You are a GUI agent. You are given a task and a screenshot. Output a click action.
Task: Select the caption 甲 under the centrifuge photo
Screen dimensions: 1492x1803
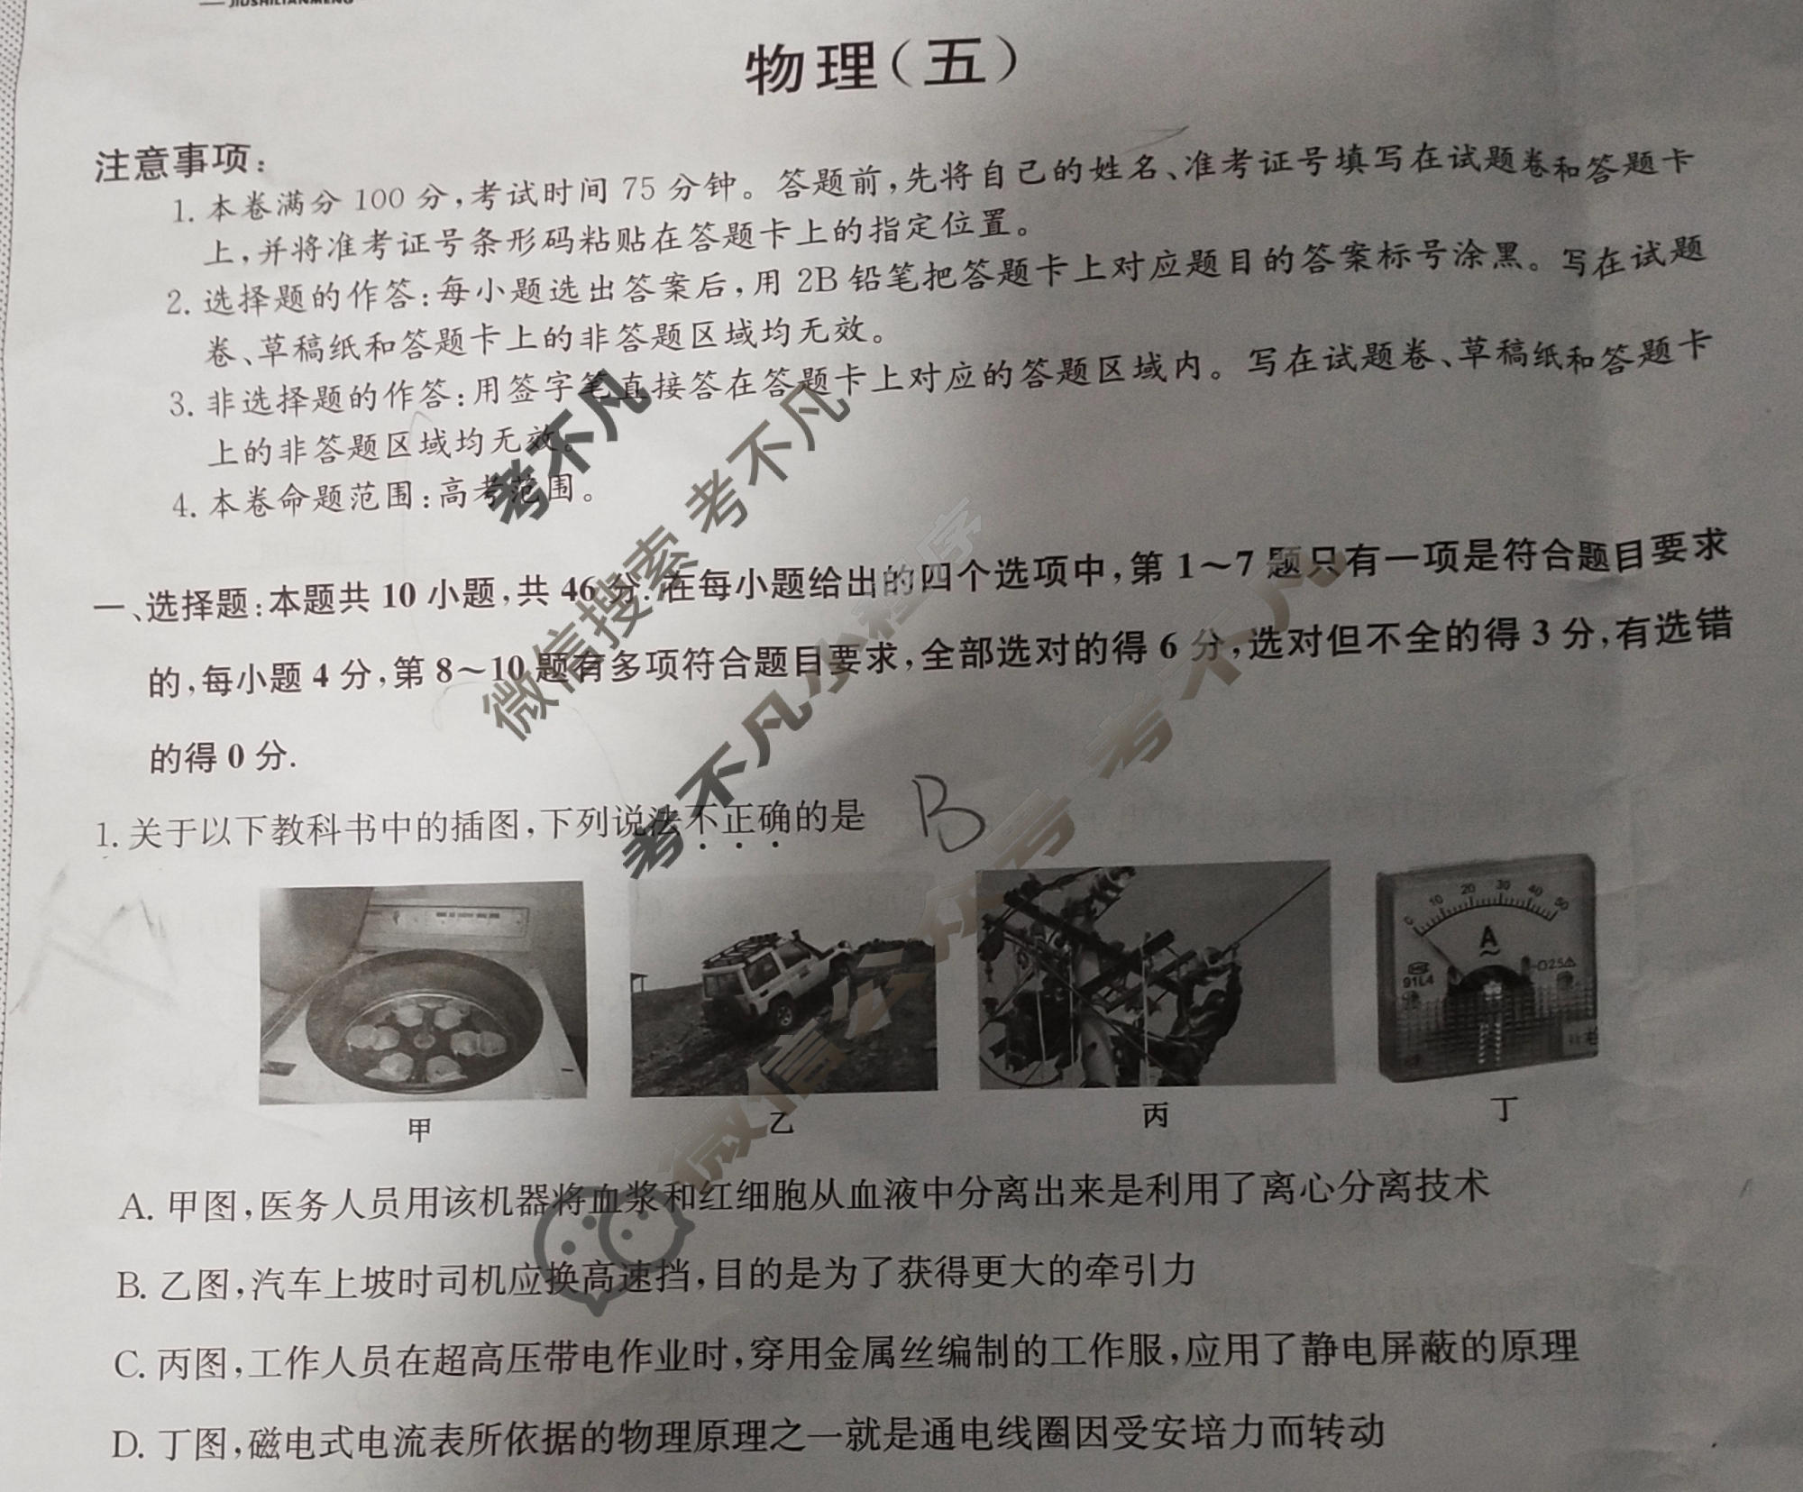420,1129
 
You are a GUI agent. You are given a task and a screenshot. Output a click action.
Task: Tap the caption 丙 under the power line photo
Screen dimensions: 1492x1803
1155,1116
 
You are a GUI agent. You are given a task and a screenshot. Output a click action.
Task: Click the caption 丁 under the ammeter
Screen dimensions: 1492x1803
1502,1110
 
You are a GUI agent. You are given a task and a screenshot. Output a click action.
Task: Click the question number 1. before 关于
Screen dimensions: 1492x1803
107,837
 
